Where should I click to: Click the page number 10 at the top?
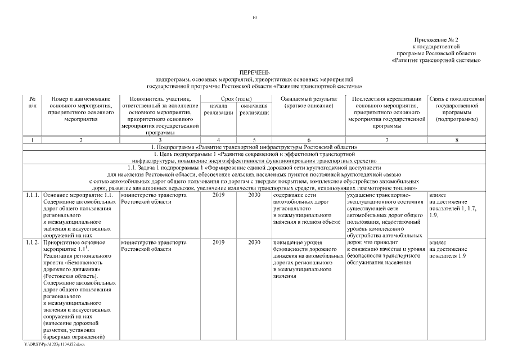[254, 18]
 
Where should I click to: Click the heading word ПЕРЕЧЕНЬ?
[254, 73]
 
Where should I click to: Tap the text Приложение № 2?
[436, 40]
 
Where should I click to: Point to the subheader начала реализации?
[218, 109]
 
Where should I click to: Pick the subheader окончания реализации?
[253, 109]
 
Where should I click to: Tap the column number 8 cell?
[456, 139]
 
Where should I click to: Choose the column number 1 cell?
[33, 139]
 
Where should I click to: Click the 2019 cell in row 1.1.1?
[218, 195]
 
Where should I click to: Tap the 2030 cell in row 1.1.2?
[254, 242]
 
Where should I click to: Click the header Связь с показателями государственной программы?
[456, 109]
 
